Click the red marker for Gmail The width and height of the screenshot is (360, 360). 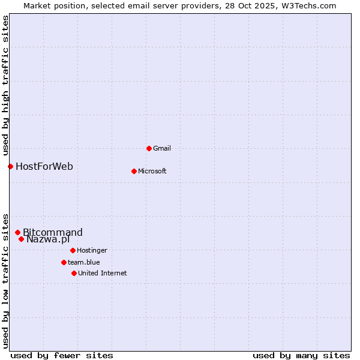point(149,148)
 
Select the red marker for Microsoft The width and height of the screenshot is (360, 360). point(134,171)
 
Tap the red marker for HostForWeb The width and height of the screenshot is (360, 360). point(10,166)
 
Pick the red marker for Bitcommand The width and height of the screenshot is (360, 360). point(17,232)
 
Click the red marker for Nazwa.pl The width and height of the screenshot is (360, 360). point(21,239)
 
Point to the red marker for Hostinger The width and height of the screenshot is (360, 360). point(73,250)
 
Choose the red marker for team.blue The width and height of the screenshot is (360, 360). point(64,262)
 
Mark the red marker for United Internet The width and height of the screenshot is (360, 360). point(74,273)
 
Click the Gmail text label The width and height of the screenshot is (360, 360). point(162,148)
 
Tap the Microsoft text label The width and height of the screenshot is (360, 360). point(152,171)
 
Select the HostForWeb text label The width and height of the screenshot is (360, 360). point(44,166)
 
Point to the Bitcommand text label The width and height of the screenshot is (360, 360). point(53,232)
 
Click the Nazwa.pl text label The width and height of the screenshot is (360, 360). point(48,239)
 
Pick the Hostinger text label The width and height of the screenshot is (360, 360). point(92,250)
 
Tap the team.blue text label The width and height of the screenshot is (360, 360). point(84,262)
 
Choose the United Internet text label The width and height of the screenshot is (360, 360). point(103,273)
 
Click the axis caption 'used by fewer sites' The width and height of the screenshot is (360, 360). point(62,355)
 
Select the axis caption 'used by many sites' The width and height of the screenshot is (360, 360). point(301,355)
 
